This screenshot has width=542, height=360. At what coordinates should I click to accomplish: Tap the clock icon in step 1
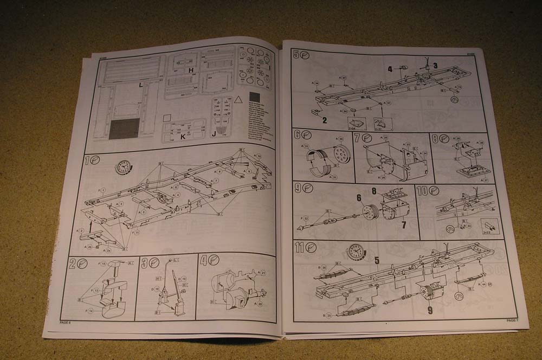pos(123,166)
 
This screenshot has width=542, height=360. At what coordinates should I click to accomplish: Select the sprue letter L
pos(140,85)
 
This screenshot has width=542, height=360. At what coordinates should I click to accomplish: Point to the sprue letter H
pos(191,71)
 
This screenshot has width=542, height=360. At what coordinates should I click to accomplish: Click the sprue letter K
pos(183,137)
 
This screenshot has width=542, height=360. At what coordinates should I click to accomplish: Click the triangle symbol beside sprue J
pos(237,100)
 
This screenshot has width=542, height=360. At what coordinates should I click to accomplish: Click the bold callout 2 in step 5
pos(324,120)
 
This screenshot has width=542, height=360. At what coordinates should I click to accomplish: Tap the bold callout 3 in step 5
pos(435,66)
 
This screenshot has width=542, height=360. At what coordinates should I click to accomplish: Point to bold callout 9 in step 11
pos(429,311)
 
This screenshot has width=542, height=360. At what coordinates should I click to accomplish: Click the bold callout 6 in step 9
pos(358,198)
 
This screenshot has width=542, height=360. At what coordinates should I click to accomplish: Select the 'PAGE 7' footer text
pos(512,320)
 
